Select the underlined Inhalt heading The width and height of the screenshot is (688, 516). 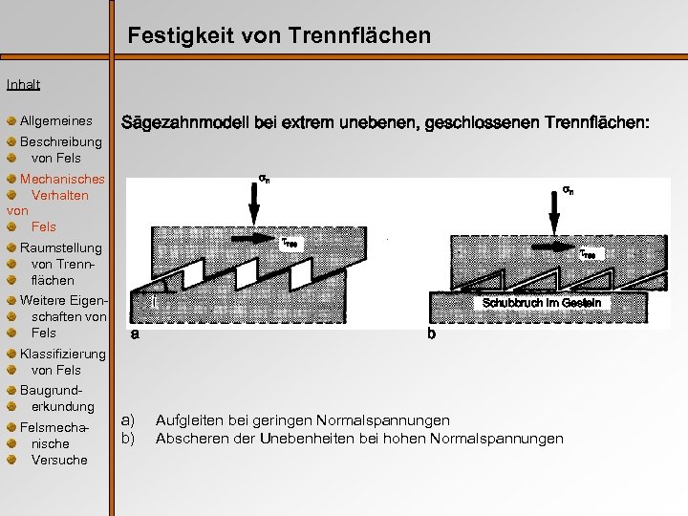(23, 84)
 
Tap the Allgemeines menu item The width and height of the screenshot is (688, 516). (56, 121)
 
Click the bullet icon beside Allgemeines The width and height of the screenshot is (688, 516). (11, 121)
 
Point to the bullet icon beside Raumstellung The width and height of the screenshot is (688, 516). (11, 248)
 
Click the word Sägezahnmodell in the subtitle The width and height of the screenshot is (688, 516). (182, 123)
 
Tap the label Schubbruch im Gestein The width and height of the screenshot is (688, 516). (542, 303)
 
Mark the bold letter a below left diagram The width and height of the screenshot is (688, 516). (135, 334)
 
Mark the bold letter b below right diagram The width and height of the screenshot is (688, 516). (432, 335)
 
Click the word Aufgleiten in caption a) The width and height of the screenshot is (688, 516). (188, 420)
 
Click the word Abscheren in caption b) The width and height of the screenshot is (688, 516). (188, 439)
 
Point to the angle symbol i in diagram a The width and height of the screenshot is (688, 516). (154, 300)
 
